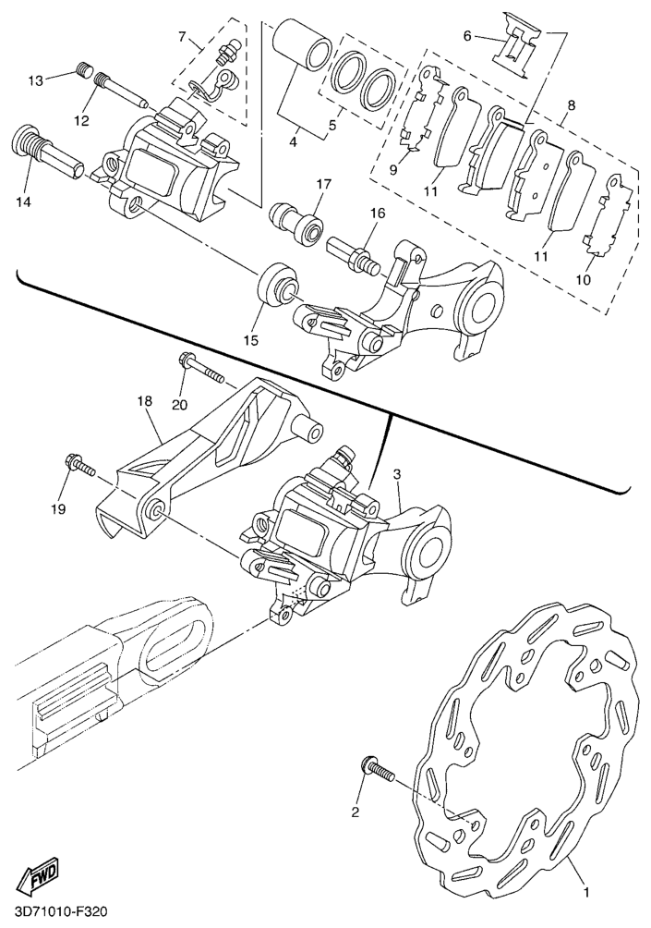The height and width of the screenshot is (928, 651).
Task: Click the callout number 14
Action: tap(23, 202)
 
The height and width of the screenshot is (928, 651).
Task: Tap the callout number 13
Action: tap(36, 80)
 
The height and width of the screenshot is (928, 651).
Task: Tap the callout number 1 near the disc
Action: tap(585, 890)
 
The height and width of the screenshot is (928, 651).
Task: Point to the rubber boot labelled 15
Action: tap(277, 287)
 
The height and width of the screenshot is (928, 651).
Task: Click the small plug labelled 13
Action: tap(86, 72)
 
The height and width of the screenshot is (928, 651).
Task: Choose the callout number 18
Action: tap(144, 401)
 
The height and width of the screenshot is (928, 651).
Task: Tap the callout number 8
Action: tap(571, 105)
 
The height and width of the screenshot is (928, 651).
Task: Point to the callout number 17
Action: tap(323, 184)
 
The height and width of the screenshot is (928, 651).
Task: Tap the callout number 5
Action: tap(332, 126)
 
